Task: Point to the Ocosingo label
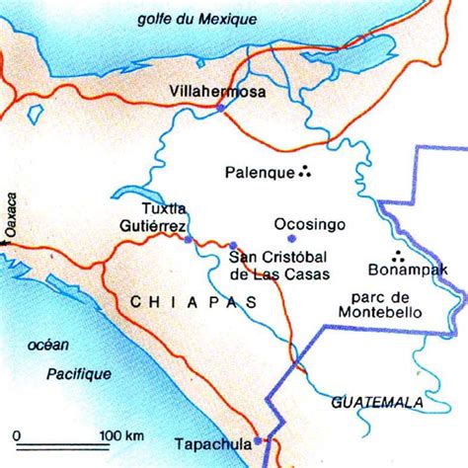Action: (x=310, y=224)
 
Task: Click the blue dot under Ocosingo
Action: (x=290, y=238)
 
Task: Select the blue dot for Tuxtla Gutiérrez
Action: (x=187, y=240)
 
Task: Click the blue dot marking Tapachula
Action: (x=257, y=441)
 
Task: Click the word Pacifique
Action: (x=78, y=373)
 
